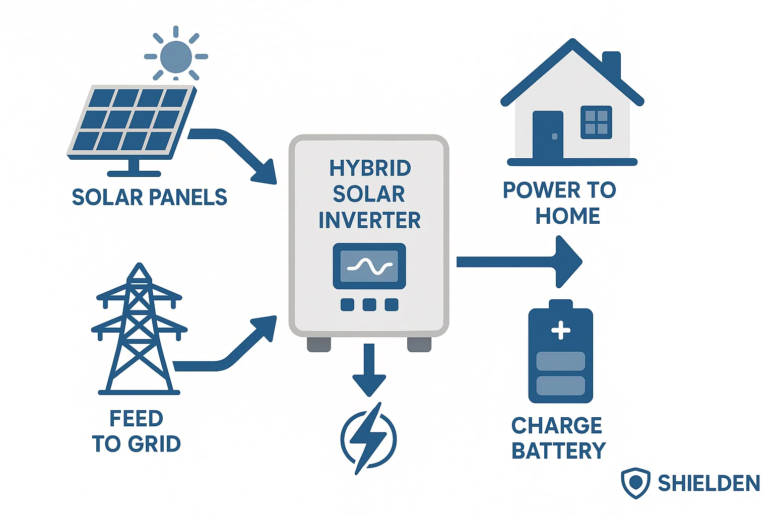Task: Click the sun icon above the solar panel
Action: point(176,56)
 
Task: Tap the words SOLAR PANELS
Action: point(149,198)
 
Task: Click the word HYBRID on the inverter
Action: point(370,168)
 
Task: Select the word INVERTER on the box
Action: point(369,220)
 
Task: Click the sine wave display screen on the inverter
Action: point(369,266)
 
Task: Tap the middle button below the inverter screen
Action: point(369,304)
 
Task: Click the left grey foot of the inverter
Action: point(319,345)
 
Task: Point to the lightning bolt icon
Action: point(369,437)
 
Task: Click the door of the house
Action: point(548,135)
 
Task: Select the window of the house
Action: point(596,122)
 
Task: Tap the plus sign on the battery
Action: point(561,331)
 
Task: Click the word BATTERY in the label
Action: point(558,451)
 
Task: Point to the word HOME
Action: point(567,216)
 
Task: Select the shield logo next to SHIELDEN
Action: point(635,483)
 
